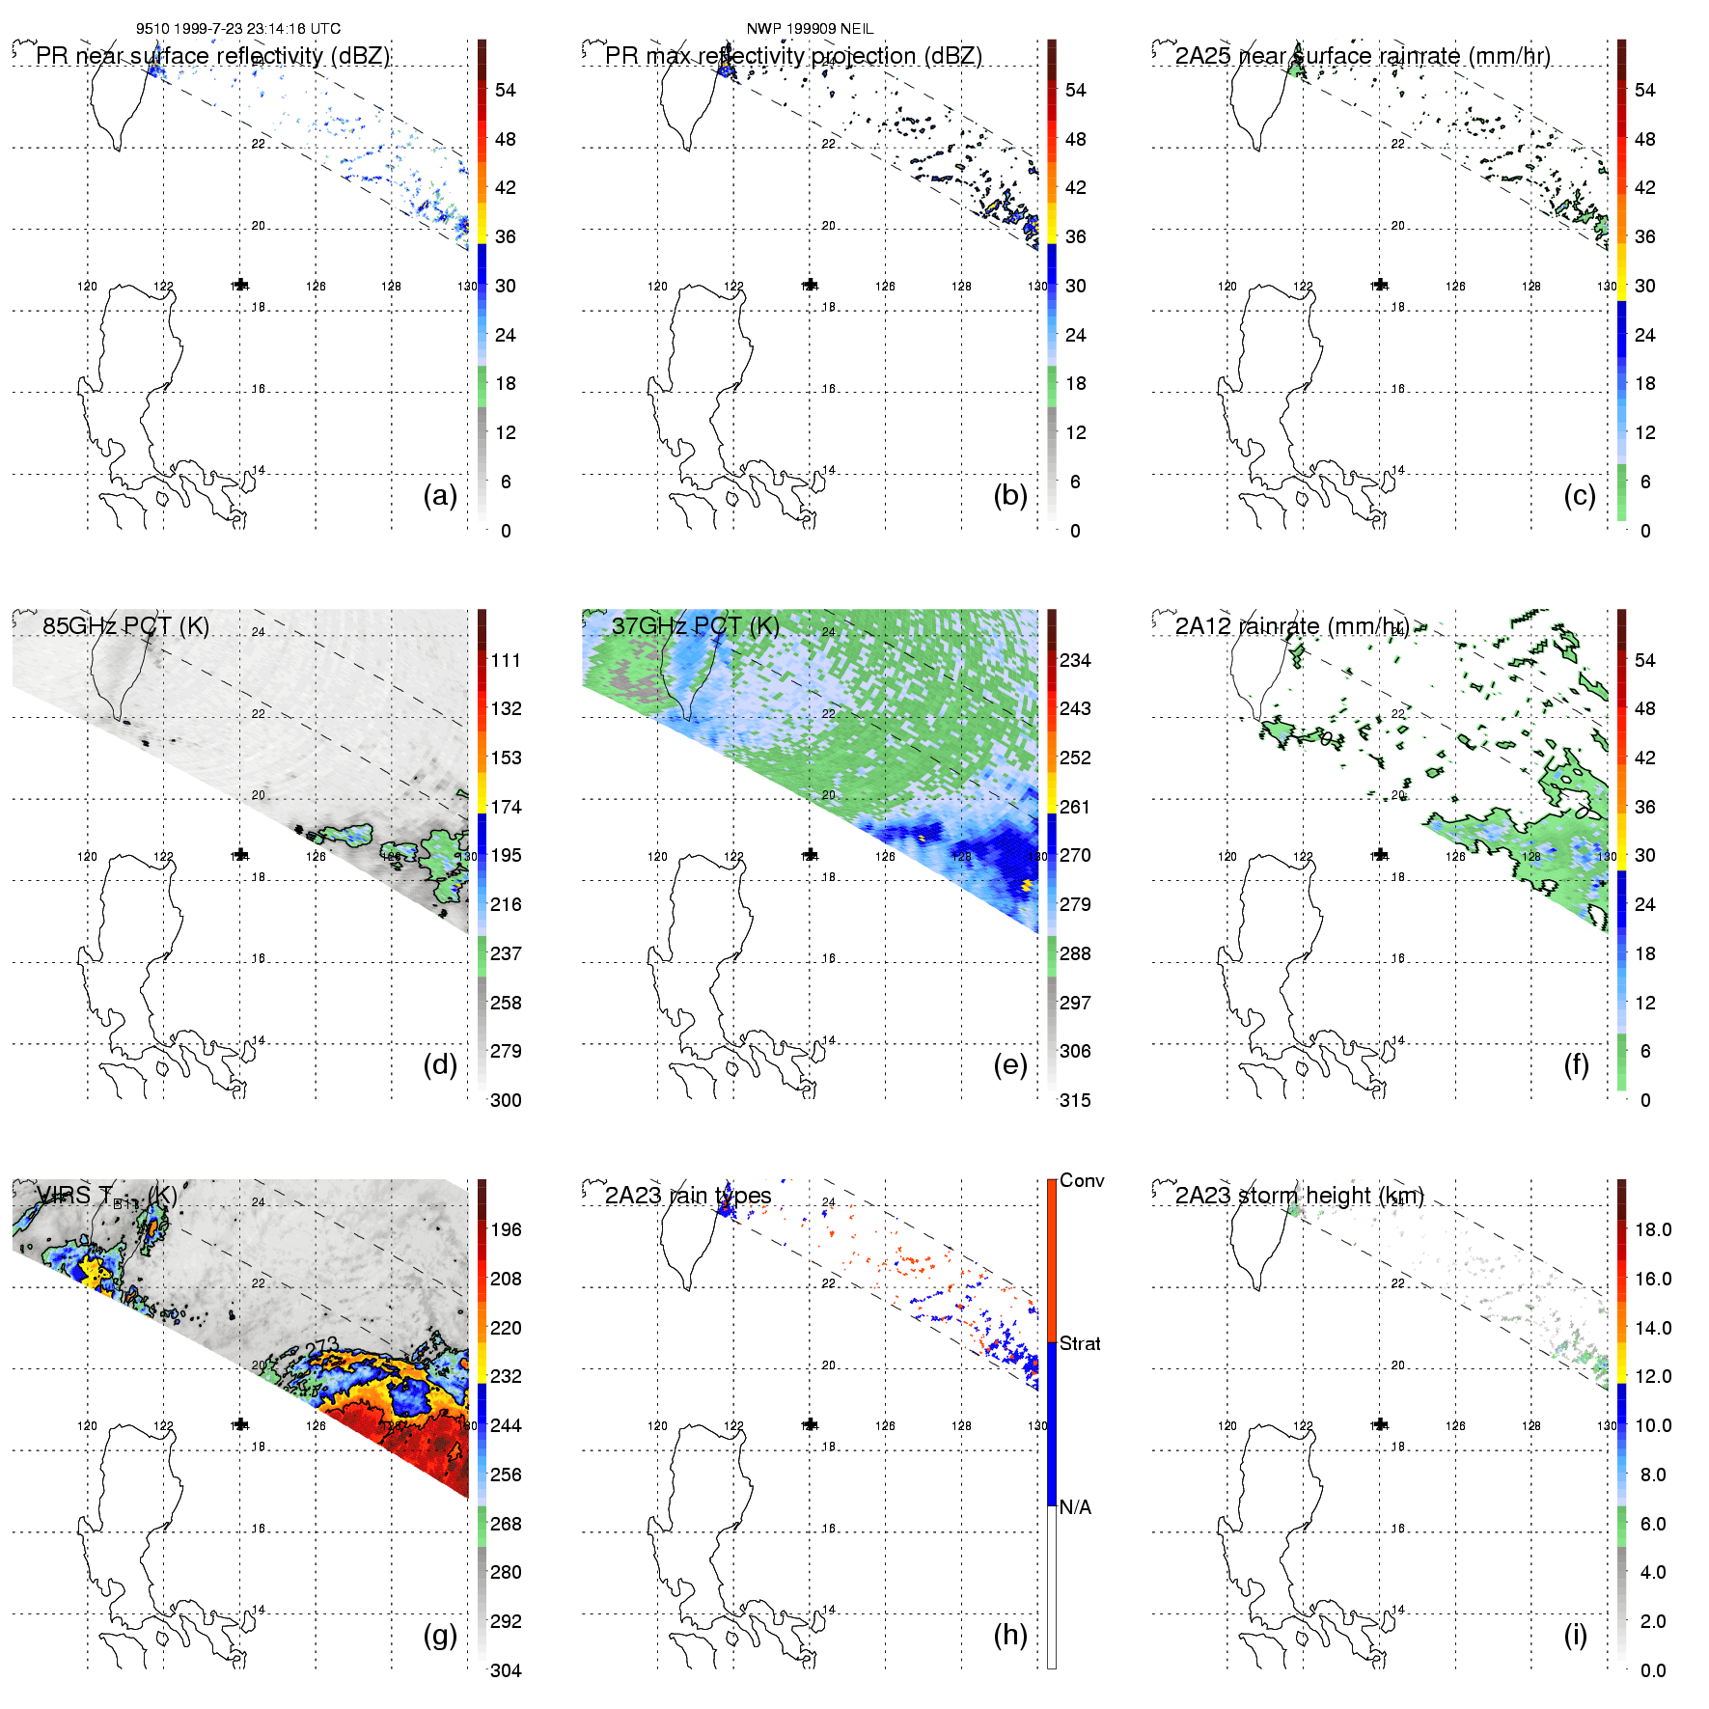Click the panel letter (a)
click(440, 496)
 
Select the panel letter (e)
click(1010, 1065)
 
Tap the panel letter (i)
click(1576, 1635)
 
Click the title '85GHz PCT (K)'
click(125, 626)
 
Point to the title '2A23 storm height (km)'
click(1300, 1196)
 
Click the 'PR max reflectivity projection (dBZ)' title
click(793, 56)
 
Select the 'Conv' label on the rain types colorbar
click(1082, 1181)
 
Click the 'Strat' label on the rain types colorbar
click(1080, 1343)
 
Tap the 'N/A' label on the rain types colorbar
click(1075, 1507)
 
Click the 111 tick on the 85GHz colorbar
click(506, 661)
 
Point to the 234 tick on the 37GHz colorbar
click(1075, 661)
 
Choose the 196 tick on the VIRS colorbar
click(506, 1230)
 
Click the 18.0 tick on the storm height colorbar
click(1653, 1230)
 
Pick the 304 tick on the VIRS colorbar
click(506, 1670)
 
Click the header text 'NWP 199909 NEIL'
click(810, 29)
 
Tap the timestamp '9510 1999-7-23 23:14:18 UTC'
click(238, 29)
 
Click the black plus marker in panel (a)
click(240, 285)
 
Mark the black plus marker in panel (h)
click(811, 1424)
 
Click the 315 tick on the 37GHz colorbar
click(1075, 1101)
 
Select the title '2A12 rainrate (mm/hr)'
click(1291, 626)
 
